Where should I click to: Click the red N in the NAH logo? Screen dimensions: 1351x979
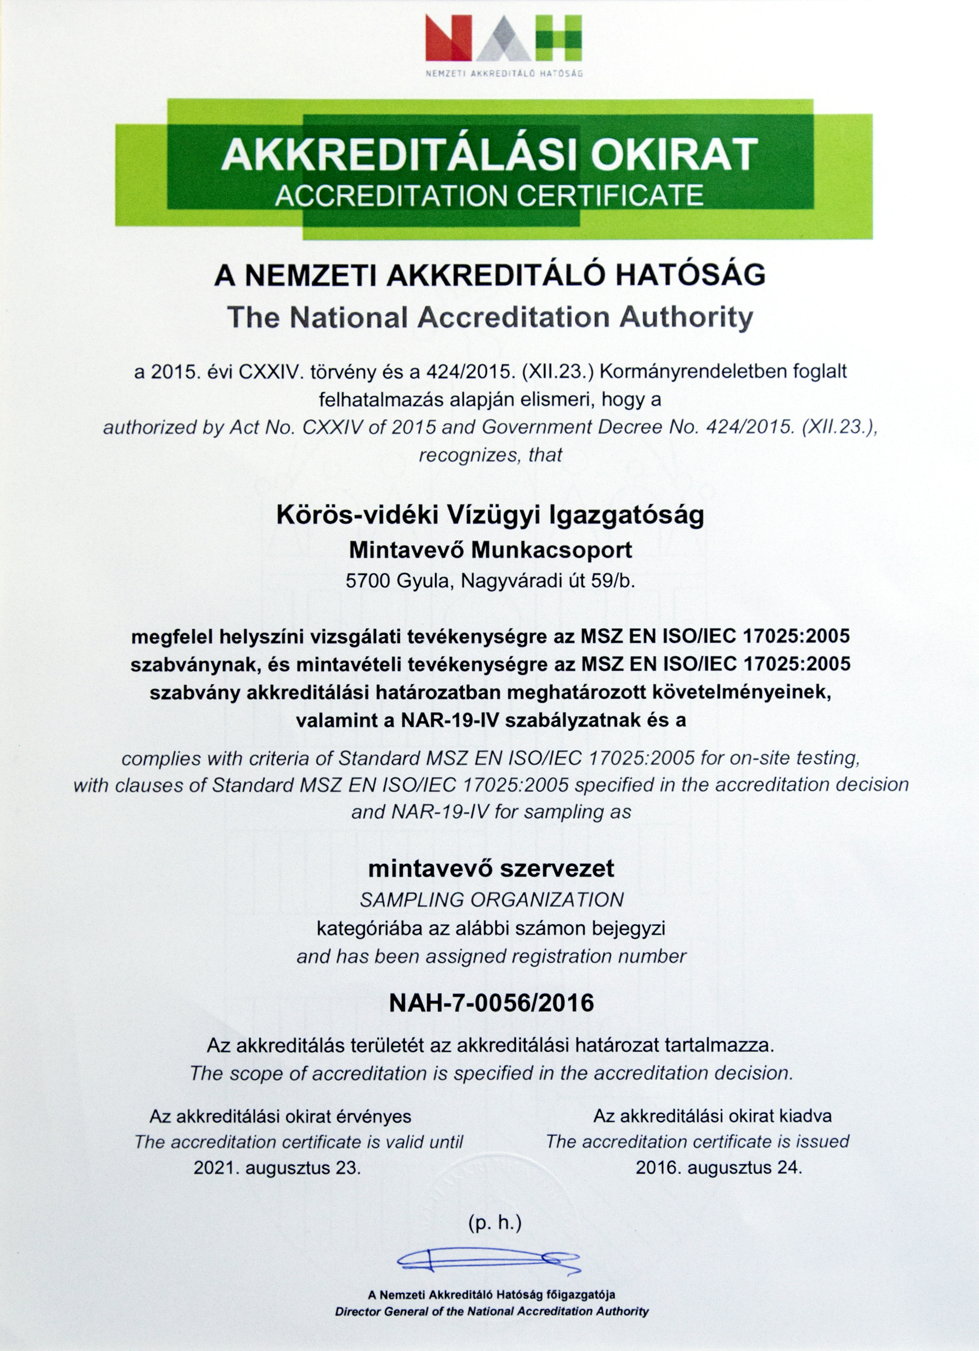(x=448, y=38)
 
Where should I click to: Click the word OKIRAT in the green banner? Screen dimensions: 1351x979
(x=674, y=155)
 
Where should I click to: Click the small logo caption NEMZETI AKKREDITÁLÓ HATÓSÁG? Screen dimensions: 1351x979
(x=504, y=74)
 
